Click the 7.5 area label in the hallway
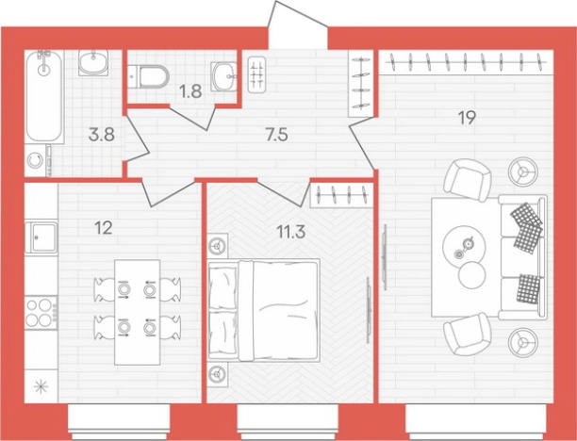[276, 136]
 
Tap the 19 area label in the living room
[467, 118]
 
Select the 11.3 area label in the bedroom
[290, 233]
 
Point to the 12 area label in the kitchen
[103, 228]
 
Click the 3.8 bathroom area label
[102, 135]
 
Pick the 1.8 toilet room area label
[190, 91]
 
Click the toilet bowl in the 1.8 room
[149, 77]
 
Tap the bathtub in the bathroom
[44, 96]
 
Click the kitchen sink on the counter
[41, 237]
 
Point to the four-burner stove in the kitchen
[41, 312]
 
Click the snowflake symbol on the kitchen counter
[41, 386]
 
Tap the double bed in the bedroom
[263, 310]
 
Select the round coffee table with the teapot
[464, 247]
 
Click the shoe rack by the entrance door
[256, 74]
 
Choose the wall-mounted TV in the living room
[385, 257]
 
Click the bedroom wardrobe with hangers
[341, 194]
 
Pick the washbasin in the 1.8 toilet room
[223, 76]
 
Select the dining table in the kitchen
[138, 312]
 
